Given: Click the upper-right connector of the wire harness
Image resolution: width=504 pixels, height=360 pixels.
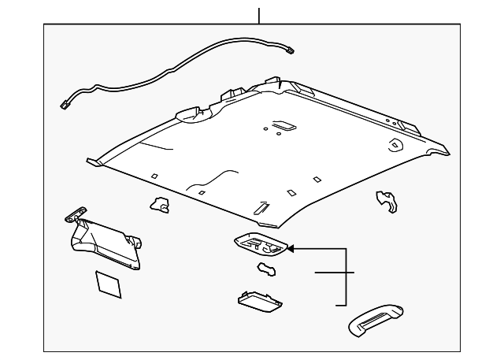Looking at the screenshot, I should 293,52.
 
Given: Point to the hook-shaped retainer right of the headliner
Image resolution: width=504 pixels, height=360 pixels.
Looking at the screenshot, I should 386,202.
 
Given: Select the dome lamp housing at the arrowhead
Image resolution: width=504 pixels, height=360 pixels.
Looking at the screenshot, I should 260,246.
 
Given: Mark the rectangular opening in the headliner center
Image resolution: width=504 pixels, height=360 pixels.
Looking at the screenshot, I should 282,124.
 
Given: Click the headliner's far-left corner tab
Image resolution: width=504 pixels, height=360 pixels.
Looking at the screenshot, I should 93,161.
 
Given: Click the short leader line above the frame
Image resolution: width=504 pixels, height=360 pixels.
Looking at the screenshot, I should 258,14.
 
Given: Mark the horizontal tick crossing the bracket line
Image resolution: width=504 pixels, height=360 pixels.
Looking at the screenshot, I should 335,273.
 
